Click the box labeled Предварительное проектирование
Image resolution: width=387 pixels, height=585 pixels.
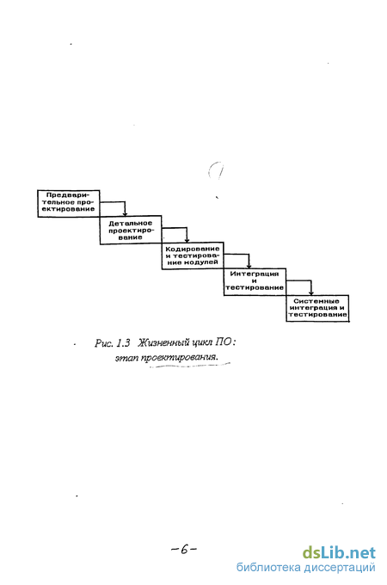(69, 203)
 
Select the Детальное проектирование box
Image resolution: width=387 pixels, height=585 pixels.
(131, 230)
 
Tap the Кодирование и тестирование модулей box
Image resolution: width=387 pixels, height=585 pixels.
(193, 256)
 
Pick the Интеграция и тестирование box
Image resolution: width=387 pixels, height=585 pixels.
(255, 281)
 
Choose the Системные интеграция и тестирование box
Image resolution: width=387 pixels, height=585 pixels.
(317, 308)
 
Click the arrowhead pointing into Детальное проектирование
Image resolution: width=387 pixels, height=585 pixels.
(125, 213)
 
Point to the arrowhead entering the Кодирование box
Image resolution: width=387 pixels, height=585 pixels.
(187, 240)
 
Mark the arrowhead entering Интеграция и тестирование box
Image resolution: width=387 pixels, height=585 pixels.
(249, 266)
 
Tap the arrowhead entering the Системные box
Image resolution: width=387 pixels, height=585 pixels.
(311, 292)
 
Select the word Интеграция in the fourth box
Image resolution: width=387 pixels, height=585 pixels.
(255, 274)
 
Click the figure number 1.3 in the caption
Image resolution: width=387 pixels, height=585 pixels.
(123, 342)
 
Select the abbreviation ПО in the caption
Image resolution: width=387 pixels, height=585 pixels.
(223, 342)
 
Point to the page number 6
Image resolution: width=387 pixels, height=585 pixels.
(184, 549)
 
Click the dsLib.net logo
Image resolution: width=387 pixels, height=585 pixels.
(339, 552)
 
